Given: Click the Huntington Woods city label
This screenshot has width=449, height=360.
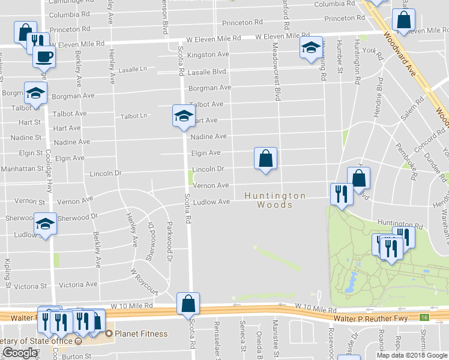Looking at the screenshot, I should tap(276, 200).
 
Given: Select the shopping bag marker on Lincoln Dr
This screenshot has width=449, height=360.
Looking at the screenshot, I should tap(265, 159).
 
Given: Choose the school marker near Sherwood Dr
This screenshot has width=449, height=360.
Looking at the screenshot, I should tap(45, 224).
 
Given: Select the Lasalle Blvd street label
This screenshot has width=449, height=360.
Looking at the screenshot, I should tap(206, 71).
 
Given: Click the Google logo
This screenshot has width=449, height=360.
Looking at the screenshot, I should tap(20, 353).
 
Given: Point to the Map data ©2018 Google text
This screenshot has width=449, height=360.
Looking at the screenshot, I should tap(412, 355).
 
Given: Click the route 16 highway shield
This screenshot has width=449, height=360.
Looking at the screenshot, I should tap(424, 317).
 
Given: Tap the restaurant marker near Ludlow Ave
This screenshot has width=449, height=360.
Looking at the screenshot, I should tap(339, 194).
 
